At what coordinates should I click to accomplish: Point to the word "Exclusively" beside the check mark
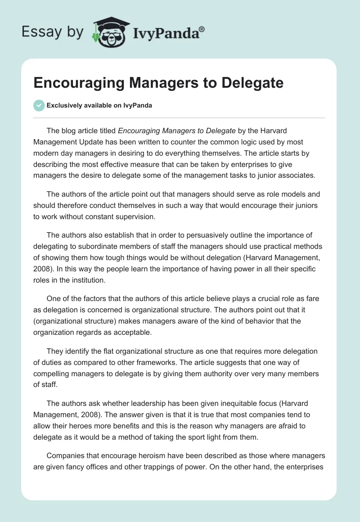65,106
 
